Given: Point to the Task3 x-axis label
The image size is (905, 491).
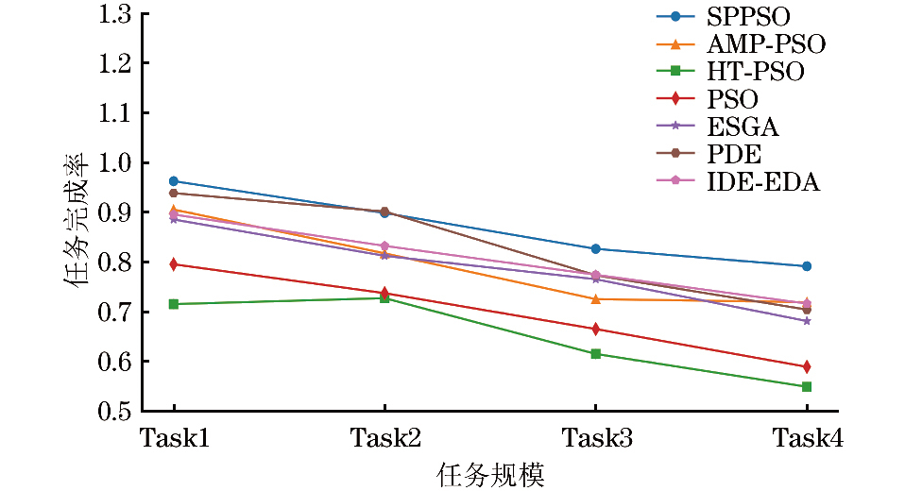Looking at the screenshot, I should (x=595, y=438).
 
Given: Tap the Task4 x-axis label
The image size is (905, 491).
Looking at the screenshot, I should (x=807, y=438).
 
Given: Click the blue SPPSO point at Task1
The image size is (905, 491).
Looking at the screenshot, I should (x=174, y=181).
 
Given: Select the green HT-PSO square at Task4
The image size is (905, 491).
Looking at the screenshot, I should (x=807, y=386).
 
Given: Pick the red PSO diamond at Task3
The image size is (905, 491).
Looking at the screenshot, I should (x=596, y=329).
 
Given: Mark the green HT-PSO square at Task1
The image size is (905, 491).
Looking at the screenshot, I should (x=174, y=304).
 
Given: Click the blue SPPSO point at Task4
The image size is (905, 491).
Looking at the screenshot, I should (x=807, y=266).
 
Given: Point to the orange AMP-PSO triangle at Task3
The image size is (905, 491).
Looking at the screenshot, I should (x=596, y=298).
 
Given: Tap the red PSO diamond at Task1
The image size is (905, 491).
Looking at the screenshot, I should (x=174, y=264).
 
